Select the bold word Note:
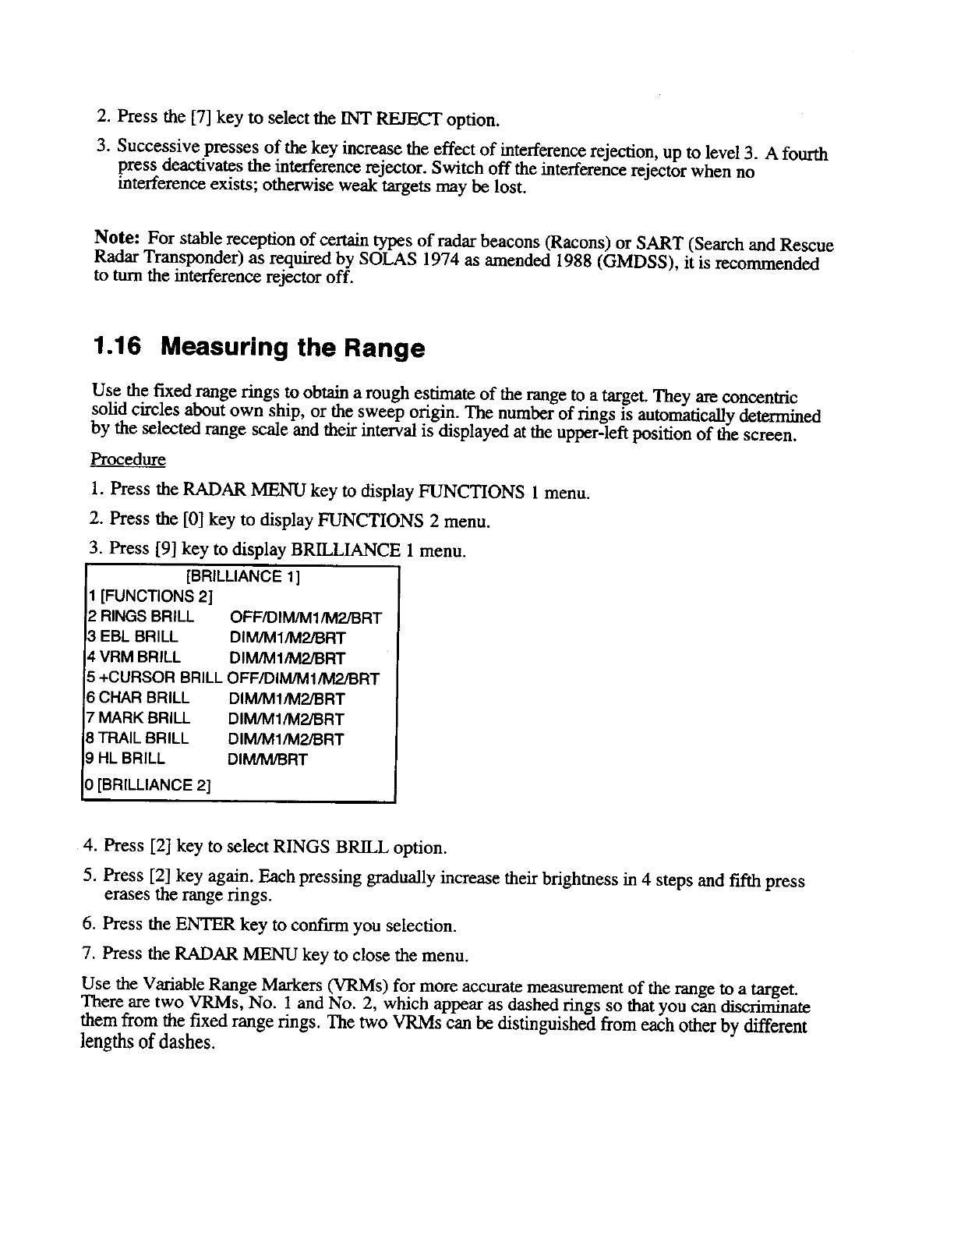[x=117, y=236]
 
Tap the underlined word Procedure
[x=128, y=460]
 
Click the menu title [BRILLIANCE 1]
[x=243, y=577]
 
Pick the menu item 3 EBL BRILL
[x=131, y=637]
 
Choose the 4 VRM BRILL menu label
[x=132, y=657]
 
